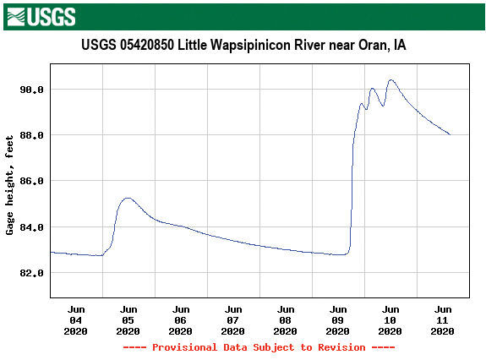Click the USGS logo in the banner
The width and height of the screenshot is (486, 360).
(x=41, y=16)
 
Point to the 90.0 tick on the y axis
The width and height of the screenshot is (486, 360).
(x=31, y=90)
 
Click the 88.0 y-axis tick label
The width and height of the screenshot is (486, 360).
(x=31, y=135)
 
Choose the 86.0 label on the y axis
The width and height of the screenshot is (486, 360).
(x=31, y=181)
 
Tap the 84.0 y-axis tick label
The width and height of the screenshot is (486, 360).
(x=31, y=227)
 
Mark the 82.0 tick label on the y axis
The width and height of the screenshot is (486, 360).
(x=31, y=273)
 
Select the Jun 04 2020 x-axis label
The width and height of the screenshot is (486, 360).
(x=76, y=319)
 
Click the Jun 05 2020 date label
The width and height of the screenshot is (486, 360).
(x=128, y=319)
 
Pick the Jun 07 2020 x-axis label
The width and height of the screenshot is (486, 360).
(x=233, y=319)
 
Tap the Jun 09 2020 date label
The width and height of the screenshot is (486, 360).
(x=338, y=319)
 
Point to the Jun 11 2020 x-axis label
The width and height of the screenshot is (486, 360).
(x=443, y=319)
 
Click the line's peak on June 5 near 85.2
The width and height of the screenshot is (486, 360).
(x=127, y=199)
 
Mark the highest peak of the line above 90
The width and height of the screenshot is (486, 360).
(x=390, y=80)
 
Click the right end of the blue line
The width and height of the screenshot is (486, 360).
(x=450, y=134)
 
